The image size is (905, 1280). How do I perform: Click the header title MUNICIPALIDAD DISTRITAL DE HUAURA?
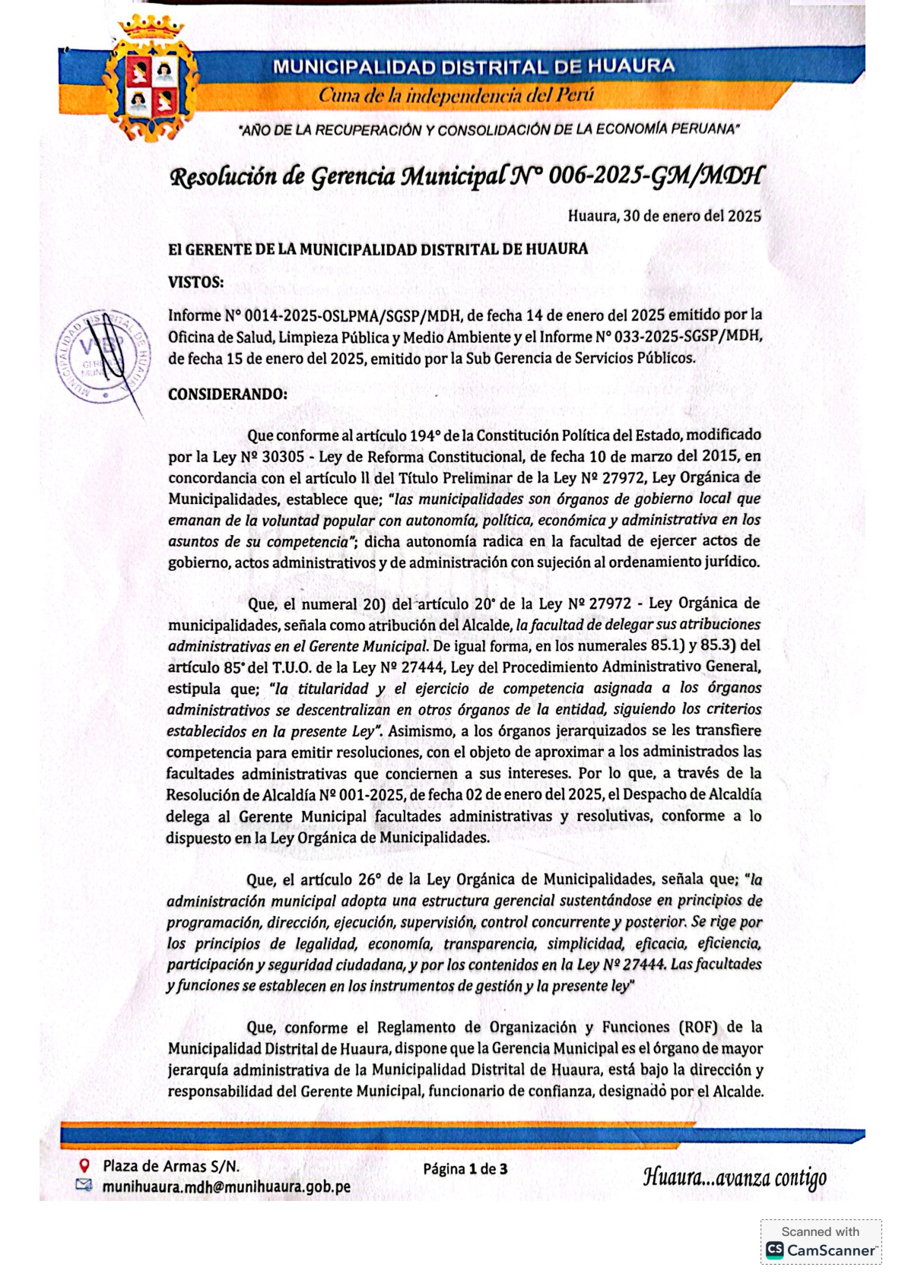pyautogui.click(x=473, y=66)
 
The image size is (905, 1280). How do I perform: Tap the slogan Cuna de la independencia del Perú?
pyautogui.click(x=456, y=96)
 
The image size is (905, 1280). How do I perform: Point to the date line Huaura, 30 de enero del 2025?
pyautogui.click(x=664, y=216)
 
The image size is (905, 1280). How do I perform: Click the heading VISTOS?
pyautogui.click(x=195, y=282)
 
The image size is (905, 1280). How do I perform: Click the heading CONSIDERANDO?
pyautogui.click(x=227, y=394)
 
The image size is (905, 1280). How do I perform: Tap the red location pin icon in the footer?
pyautogui.click(x=85, y=1165)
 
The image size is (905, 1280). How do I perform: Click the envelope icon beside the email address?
pyautogui.click(x=84, y=1185)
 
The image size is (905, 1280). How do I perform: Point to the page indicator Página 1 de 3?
pyautogui.click(x=465, y=1168)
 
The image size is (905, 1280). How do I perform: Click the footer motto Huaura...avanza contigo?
pyautogui.click(x=734, y=1178)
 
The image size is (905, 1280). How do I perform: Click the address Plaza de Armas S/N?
pyautogui.click(x=171, y=1166)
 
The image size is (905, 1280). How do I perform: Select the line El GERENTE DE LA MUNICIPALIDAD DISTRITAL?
pyautogui.click(x=377, y=249)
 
